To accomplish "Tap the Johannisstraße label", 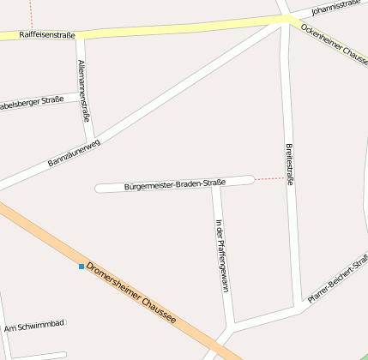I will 335,8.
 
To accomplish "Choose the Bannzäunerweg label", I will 74,152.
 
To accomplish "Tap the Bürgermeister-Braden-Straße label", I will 174,184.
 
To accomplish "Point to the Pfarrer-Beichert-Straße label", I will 338,280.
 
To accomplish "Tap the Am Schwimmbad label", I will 33,327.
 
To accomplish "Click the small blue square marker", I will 81,267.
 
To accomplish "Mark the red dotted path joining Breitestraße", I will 269,179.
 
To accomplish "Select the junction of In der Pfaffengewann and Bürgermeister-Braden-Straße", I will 216,183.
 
